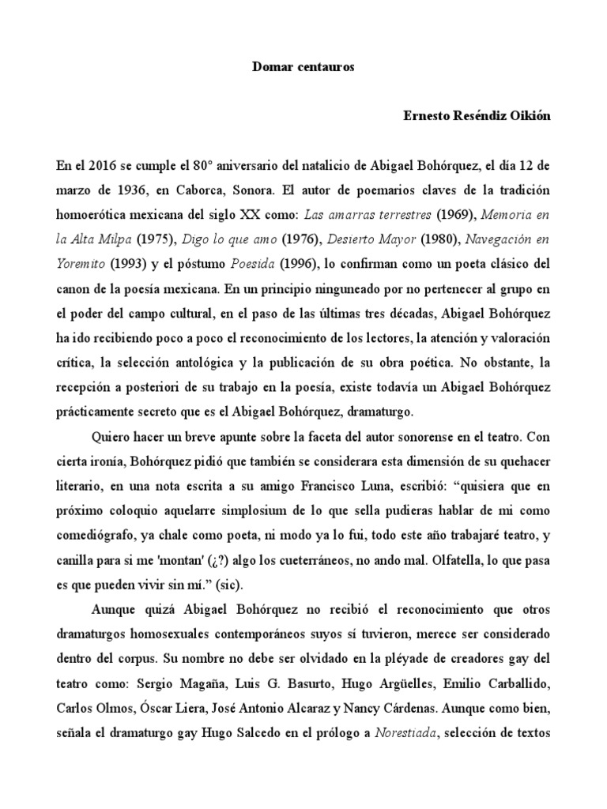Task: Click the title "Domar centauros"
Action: click(303, 67)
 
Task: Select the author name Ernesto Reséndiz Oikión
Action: click(477, 116)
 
